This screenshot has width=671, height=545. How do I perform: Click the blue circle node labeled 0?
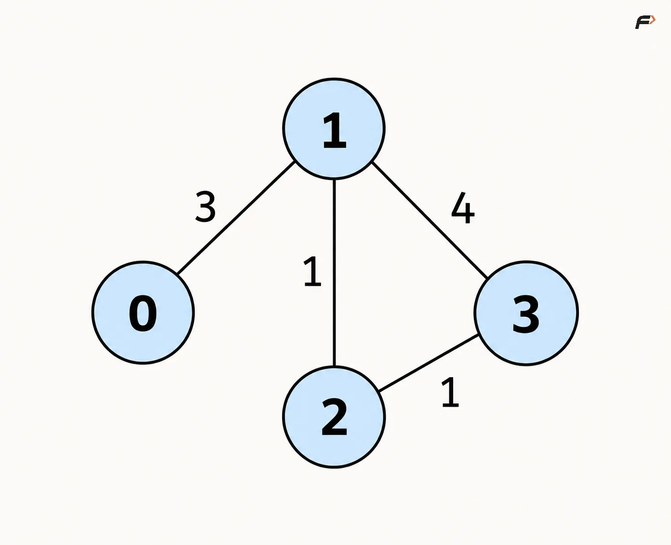[x=143, y=313]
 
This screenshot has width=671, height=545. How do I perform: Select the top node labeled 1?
[x=334, y=129]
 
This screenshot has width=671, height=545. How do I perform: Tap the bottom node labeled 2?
[x=334, y=417]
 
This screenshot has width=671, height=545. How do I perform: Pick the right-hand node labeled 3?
[x=526, y=313]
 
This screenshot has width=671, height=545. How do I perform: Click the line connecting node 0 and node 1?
[x=236, y=218]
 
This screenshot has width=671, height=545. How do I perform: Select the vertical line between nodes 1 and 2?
[x=334, y=273]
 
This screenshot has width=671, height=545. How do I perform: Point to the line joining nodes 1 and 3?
[x=430, y=220]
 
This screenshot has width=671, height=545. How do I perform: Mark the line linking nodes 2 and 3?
[x=429, y=363]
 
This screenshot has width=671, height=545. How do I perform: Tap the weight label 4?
[x=463, y=208]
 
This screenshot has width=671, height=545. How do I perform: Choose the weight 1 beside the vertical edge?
[x=312, y=271]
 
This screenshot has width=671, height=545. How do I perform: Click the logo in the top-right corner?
[x=645, y=22]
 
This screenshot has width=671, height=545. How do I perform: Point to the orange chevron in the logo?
[x=653, y=20]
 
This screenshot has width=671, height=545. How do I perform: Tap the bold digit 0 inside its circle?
[x=143, y=313]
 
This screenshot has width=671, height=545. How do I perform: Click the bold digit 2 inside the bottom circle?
[x=334, y=417]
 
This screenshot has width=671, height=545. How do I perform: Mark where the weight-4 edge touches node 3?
[x=487, y=277]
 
